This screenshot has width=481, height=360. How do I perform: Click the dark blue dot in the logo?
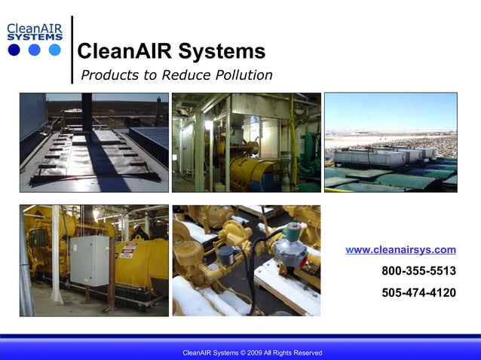[14, 50]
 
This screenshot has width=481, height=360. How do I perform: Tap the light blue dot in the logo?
[54, 50]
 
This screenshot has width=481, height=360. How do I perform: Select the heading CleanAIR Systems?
[171, 51]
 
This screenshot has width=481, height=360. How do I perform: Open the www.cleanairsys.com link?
[400, 249]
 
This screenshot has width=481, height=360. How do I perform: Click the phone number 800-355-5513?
[418, 271]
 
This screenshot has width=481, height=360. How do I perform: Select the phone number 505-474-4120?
[418, 292]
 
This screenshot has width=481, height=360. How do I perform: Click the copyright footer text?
[252, 352]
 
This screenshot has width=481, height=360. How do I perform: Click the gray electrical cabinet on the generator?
[89, 261]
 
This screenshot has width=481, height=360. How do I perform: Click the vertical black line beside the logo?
[72, 49]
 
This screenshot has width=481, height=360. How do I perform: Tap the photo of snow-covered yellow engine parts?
[246, 260]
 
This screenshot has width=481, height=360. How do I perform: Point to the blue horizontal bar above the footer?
[240, 337]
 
